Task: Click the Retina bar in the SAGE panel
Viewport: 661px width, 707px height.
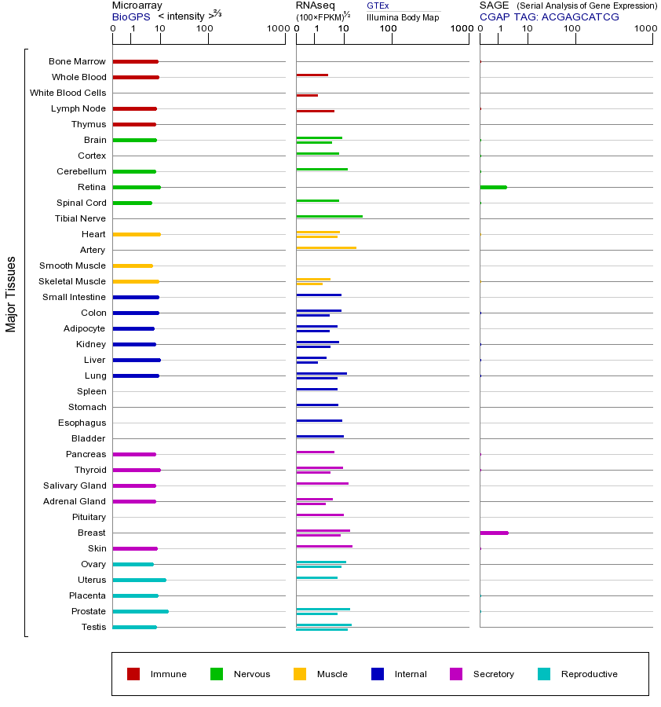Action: (x=493, y=187)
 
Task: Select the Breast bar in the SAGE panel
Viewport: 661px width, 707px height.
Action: (x=494, y=533)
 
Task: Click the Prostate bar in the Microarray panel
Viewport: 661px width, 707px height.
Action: (x=141, y=611)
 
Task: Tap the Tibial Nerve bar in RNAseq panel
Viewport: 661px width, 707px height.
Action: (x=329, y=216)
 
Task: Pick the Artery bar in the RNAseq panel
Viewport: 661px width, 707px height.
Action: (x=326, y=247)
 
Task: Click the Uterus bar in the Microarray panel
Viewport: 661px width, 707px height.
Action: (x=139, y=580)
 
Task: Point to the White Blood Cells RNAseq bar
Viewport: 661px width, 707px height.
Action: (x=307, y=95)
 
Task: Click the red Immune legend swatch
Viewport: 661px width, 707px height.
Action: (x=133, y=674)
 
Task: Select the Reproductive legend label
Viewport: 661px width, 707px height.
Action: (x=589, y=674)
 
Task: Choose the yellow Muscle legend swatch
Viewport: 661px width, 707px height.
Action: (x=300, y=674)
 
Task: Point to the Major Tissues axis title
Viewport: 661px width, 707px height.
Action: (x=11, y=294)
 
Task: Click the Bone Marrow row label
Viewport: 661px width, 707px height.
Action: (x=77, y=61)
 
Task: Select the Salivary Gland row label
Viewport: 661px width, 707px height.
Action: (x=75, y=485)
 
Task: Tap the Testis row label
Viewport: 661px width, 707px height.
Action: (x=93, y=627)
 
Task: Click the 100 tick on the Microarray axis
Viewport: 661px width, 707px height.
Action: (x=205, y=29)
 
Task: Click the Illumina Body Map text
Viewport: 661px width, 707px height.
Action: (x=403, y=17)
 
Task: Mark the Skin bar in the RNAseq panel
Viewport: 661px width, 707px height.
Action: (x=324, y=546)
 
